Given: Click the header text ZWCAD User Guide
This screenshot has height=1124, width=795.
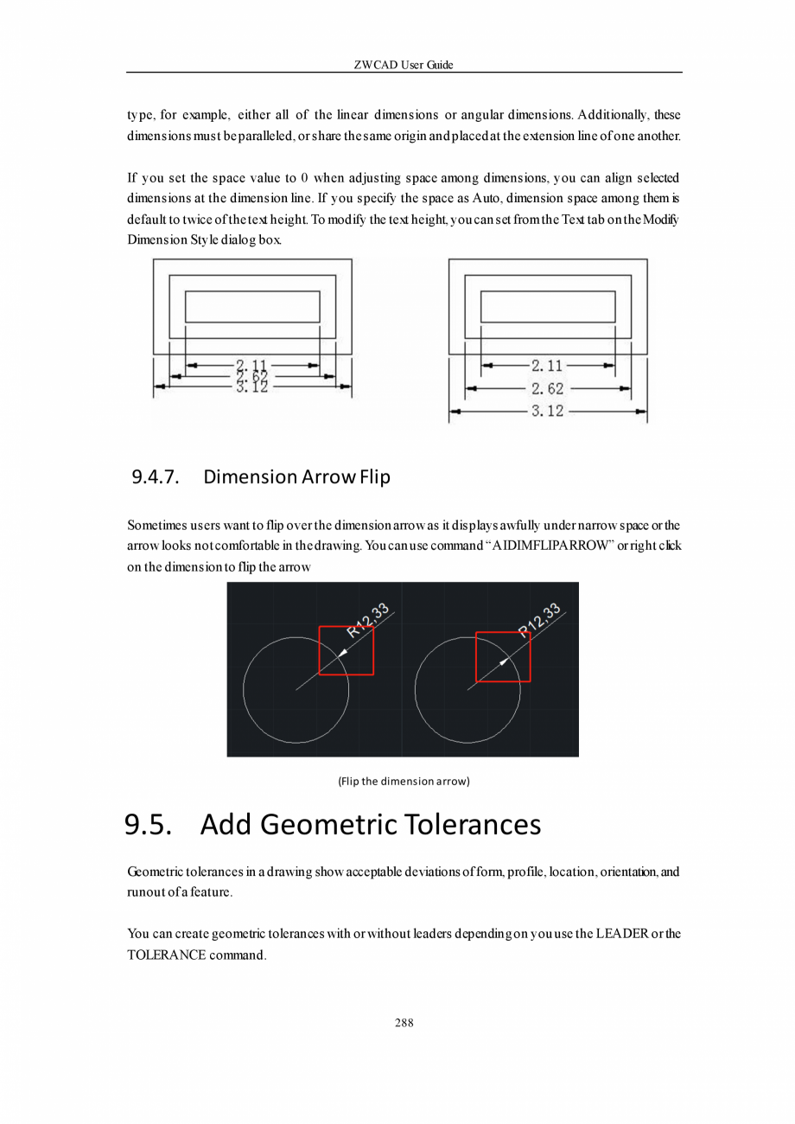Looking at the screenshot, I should click(404, 65).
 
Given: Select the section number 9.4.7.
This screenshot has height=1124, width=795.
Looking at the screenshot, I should click(156, 476).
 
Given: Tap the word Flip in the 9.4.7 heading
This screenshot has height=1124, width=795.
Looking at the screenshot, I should click(371, 476).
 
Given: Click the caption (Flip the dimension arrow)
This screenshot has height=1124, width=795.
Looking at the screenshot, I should click(404, 782).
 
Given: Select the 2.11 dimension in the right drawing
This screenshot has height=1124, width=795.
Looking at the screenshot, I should click(547, 367).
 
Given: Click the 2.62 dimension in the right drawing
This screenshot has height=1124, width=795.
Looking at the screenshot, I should click(547, 389).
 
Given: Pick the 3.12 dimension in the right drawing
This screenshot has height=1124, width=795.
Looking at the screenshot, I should click(547, 412).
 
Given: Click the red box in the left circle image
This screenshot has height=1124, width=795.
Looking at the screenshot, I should click(347, 650).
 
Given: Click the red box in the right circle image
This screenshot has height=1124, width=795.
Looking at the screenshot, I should click(503, 656).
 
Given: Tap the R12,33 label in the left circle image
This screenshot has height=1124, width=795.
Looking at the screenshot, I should click(368, 620).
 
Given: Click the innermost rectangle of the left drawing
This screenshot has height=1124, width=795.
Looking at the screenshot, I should click(252, 306).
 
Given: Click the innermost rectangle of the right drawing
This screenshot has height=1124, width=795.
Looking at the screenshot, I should click(548, 306).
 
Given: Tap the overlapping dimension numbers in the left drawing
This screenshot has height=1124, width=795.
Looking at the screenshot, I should click(251, 376).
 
